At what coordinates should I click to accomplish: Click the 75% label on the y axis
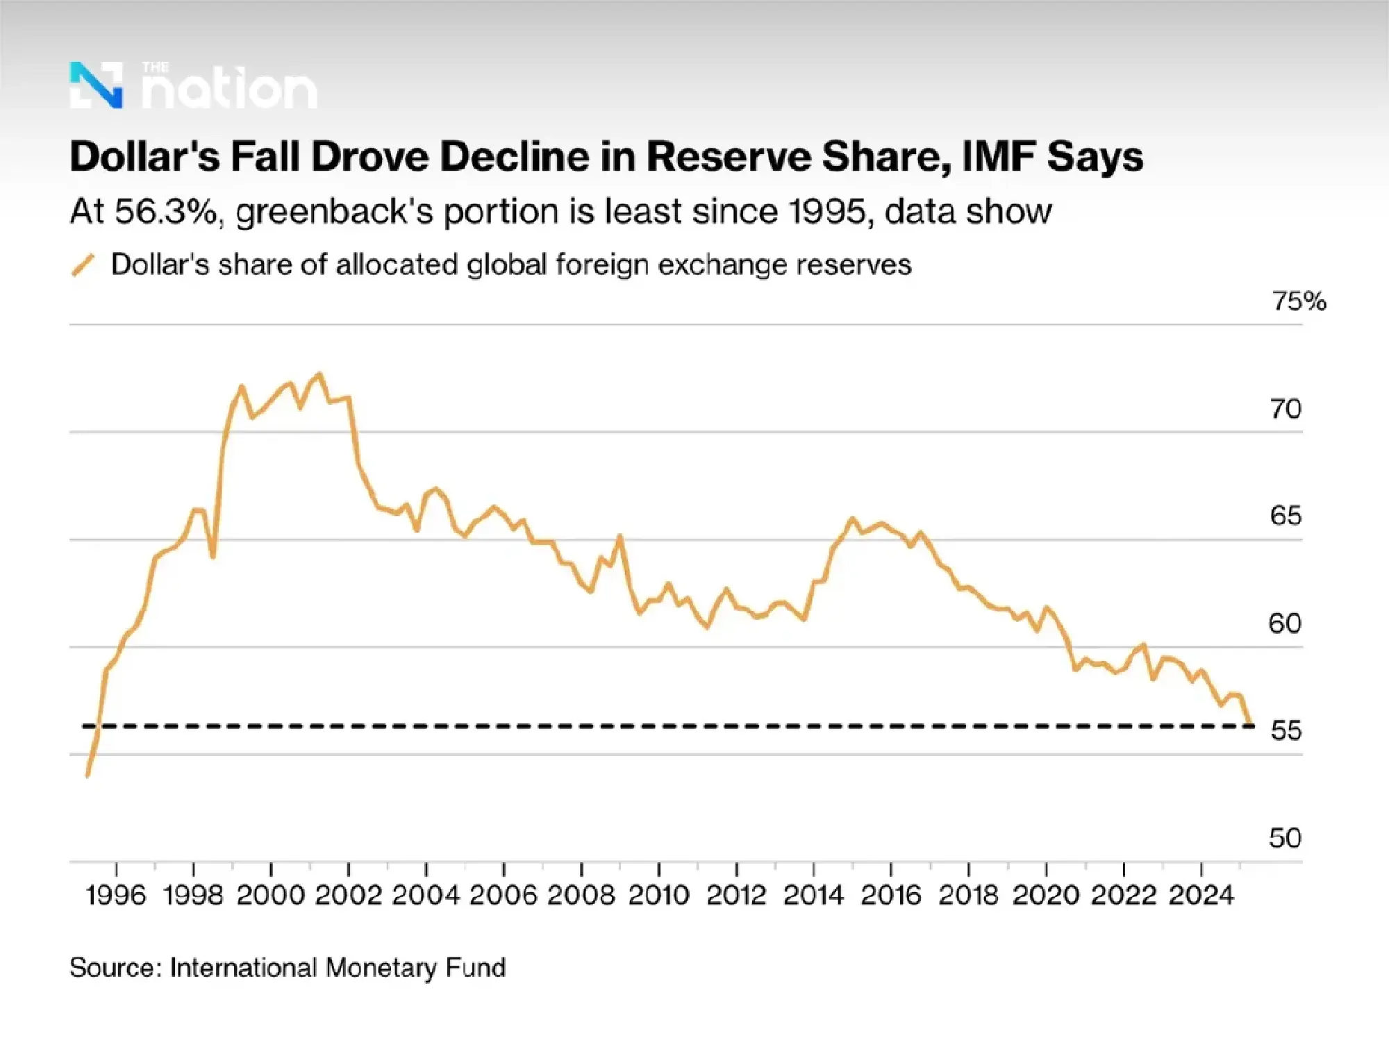(x=1299, y=301)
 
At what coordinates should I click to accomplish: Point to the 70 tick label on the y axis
(x=1286, y=409)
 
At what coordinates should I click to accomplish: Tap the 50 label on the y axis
(x=1285, y=838)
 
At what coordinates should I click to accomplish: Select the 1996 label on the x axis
(x=116, y=895)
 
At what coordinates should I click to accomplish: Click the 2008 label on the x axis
(x=581, y=895)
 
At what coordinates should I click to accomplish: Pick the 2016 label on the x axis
(x=891, y=895)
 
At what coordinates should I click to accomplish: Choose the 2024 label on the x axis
(x=1201, y=895)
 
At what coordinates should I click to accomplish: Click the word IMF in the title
(x=999, y=156)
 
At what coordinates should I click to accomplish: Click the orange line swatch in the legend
(x=83, y=265)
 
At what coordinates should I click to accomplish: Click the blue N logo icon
(x=96, y=85)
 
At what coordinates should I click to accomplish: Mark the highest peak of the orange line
(x=319, y=375)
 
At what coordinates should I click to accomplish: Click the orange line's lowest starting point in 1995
(x=88, y=775)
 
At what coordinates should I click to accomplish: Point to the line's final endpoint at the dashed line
(x=1250, y=724)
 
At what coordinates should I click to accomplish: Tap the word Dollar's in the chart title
(x=144, y=156)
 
